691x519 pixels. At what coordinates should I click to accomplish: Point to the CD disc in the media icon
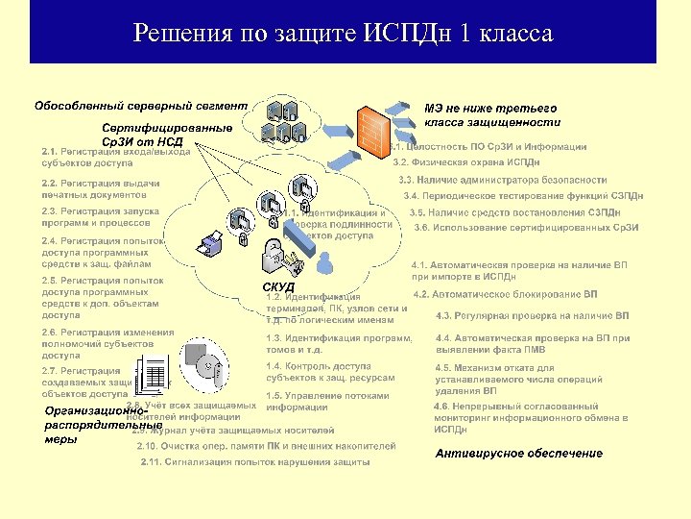point(208,370)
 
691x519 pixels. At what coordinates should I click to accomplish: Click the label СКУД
point(278,287)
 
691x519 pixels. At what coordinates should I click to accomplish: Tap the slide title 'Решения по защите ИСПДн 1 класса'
point(344,35)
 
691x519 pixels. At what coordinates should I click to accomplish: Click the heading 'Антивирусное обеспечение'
point(519,453)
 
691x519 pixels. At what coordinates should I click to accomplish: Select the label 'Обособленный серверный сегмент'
point(141,105)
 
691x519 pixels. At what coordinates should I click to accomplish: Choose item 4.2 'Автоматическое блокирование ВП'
point(505,294)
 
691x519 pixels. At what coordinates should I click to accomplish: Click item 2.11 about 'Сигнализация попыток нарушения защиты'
point(254,461)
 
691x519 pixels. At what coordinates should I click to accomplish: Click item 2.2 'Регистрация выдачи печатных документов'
point(101,188)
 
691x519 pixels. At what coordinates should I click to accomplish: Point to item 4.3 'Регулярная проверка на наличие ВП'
point(532,315)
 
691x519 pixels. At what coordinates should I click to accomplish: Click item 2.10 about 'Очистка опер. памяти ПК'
point(266,446)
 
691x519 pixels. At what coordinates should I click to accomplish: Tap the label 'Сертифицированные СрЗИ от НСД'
point(167,135)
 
